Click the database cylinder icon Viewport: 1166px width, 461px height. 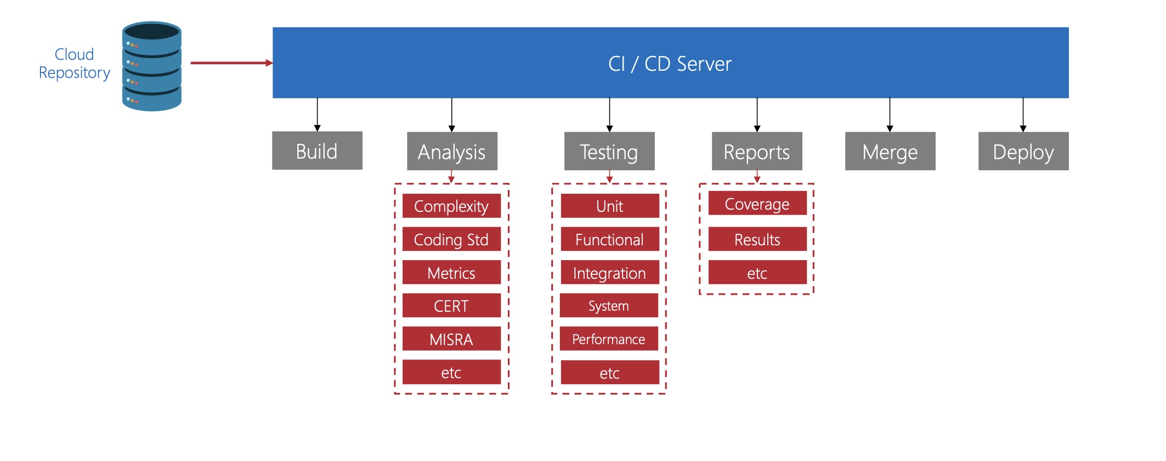pyautogui.click(x=151, y=66)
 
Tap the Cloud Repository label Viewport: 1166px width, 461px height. pyautogui.click(x=74, y=64)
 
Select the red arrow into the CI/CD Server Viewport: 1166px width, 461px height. pyautogui.click(x=231, y=63)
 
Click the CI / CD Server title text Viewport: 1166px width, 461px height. pyautogui.click(x=670, y=64)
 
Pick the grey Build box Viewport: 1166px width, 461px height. pyautogui.click(x=317, y=151)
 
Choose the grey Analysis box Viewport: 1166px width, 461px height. pyautogui.click(x=452, y=151)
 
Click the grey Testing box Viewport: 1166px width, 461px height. pyautogui.click(x=609, y=151)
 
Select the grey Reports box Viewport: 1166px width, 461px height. pyautogui.click(x=757, y=151)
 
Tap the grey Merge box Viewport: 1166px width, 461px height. pyautogui.click(x=890, y=151)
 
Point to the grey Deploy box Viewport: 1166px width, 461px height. pyautogui.click(x=1023, y=151)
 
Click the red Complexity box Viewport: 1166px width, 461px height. pyautogui.click(x=451, y=206)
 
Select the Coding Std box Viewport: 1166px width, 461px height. pyautogui.click(x=451, y=240)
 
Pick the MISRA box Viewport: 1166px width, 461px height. pyautogui.click(x=451, y=339)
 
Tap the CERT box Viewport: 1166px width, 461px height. pyautogui.click(x=451, y=306)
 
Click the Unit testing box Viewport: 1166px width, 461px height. pyautogui.click(x=610, y=206)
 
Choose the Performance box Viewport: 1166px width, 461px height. pyautogui.click(x=609, y=339)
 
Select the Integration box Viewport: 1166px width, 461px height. pyautogui.click(x=609, y=273)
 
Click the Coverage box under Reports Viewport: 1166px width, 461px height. pyautogui.click(x=757, y=204)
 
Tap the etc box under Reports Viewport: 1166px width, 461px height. pyautogui.click(x=757, y=273)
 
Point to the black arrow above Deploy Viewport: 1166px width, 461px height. pyautogui.click(x=1023, y=115)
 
